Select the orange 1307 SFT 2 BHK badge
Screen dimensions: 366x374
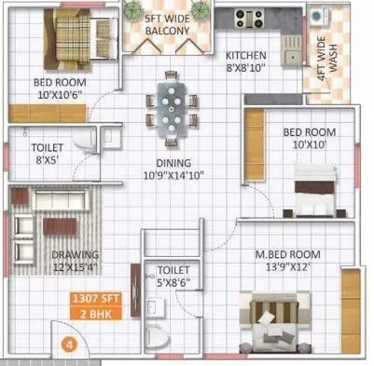pyautogui.click(x=98, y=306)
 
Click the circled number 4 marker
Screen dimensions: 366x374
pyautogui.click(x=66, y=344)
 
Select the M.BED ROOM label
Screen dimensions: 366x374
pyautogui.click(x=289, y=252)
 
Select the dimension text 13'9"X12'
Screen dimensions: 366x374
pyautogui.click(x=288, y=265)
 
